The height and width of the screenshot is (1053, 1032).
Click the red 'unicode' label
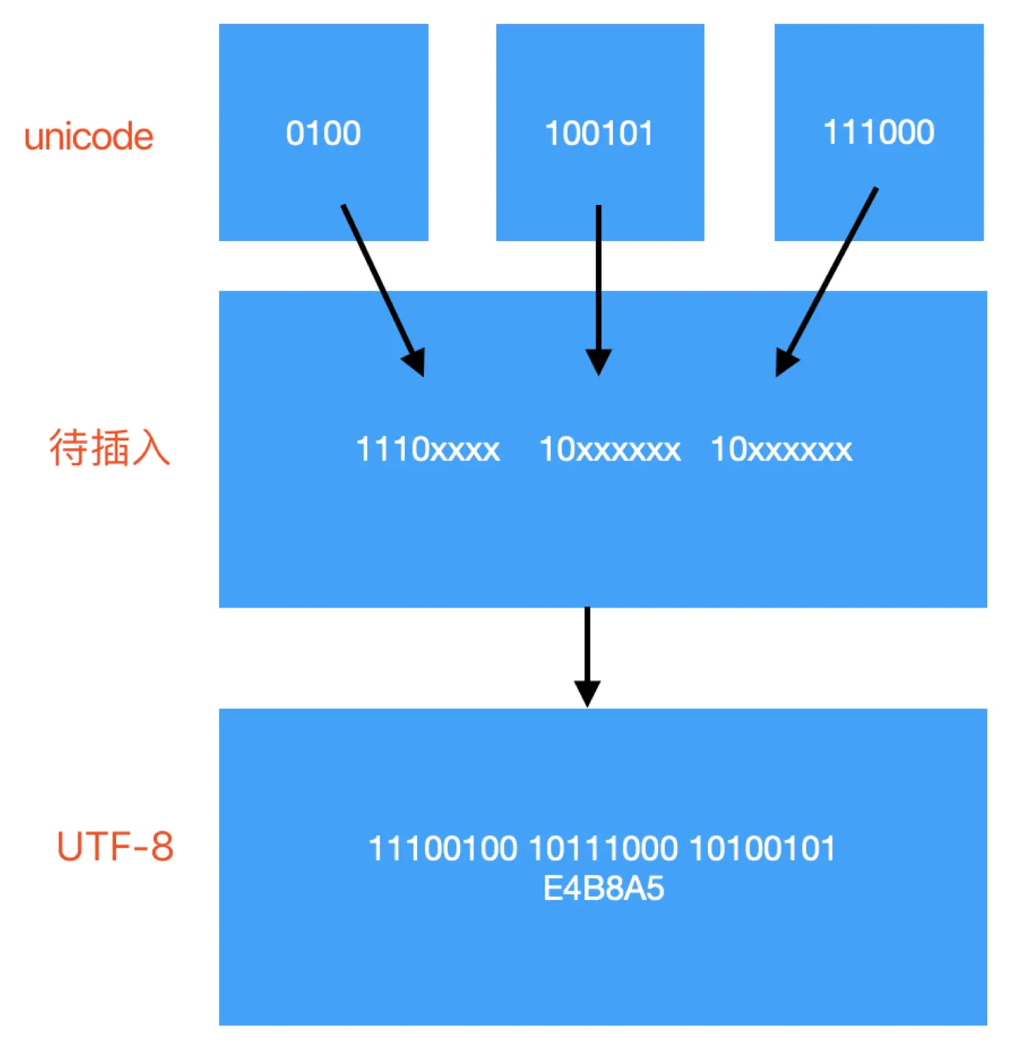(89, 137)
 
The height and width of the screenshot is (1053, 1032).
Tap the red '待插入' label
(109, 448)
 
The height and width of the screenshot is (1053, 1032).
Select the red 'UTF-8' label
(115, 846)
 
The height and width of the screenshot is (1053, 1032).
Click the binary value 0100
(323, 133)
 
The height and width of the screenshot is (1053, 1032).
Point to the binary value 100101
(599, 133)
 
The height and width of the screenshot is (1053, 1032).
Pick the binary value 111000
(878, 132)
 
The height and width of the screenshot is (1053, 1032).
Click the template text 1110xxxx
(428, 449)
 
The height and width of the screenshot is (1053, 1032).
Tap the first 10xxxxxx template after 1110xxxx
(610, 449)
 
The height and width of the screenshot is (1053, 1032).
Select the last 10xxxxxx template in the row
(782, 449)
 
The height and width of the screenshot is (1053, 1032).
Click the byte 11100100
(442, 849)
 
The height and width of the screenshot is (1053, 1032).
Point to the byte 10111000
(603, 849)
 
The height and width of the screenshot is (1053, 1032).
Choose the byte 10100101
(762, 849)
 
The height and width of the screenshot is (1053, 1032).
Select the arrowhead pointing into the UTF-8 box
(587, 692)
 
